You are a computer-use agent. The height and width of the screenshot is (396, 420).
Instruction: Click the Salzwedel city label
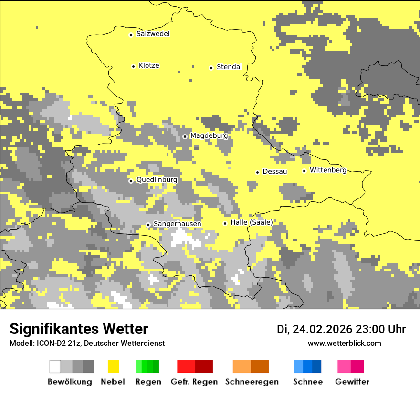(x=153, y=34)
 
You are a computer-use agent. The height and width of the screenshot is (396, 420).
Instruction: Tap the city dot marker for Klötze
(x=133, y=66)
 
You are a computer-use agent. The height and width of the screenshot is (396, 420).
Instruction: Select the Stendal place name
(x=229, y=67)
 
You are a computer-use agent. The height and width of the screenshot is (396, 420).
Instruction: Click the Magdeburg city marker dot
(x=185, y=136)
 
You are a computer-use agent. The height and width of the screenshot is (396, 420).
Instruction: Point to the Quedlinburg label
(x=157, y=180)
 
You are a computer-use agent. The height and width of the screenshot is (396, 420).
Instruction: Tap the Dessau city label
(x=275, y=171)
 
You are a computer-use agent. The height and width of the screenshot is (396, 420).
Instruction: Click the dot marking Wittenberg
(x=304, y=171)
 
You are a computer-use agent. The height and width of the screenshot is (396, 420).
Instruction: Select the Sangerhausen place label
(x=177, y=224)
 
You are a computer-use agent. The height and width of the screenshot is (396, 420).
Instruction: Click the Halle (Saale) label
(x=252, y=222)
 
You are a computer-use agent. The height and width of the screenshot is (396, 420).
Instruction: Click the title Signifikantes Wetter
(x=79, y=329)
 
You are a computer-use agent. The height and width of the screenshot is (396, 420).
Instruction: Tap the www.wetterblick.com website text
(x=344, y=343)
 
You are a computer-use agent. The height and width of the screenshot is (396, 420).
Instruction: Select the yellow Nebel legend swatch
(x=113, y=366)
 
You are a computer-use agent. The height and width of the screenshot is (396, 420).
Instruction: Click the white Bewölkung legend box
(x=55, y=366)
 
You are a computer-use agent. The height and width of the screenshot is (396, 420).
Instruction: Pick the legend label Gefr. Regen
(x=194, y=382)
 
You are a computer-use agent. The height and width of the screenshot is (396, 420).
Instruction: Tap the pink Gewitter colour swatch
(x=344, y=366)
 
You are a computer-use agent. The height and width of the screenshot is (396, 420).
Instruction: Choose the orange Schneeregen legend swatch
(x=241, y=366)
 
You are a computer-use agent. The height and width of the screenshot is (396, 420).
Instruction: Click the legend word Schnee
(x=307, y=382)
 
